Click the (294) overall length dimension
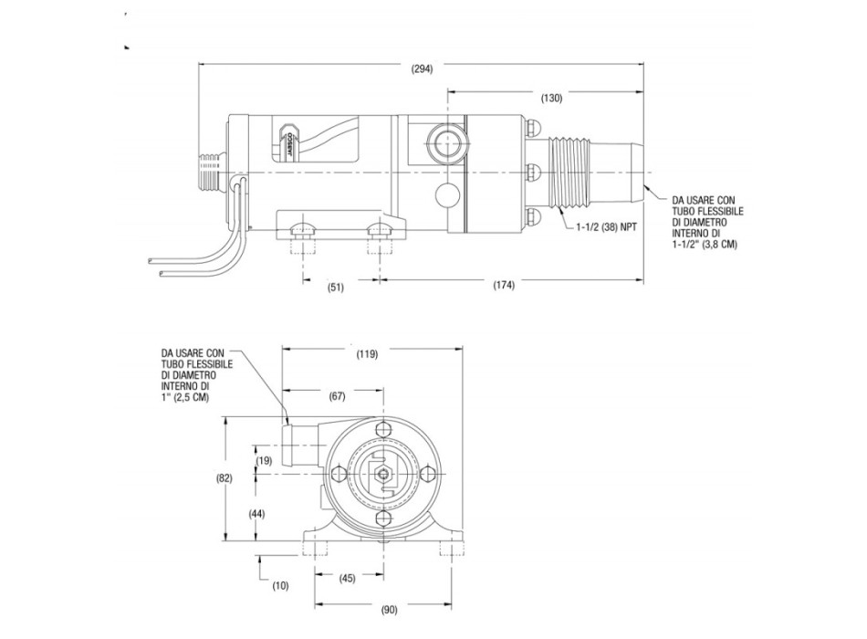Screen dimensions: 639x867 click(x=422, y=68)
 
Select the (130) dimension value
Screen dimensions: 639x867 click(x=551, y=97)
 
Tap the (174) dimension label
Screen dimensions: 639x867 click(x=503, y=285)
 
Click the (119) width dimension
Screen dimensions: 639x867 click(x=366, y=353)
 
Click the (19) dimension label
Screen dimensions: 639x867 click(x=265, y=461)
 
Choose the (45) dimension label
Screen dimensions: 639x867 click(x=348, y=577)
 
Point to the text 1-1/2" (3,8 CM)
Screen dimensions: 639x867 click(x=703, y=245)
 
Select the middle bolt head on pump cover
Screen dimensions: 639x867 click(x=533, y=170)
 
